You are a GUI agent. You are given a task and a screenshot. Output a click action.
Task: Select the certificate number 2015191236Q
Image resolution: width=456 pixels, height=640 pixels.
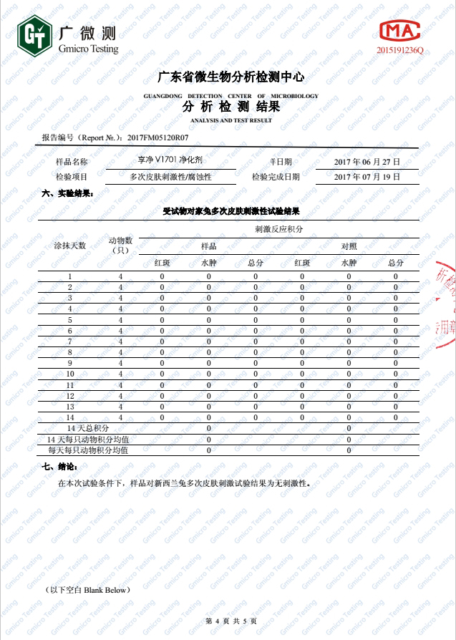pos(401,51)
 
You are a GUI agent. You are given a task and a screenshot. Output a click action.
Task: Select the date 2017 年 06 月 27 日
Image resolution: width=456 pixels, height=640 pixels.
pos(367,162)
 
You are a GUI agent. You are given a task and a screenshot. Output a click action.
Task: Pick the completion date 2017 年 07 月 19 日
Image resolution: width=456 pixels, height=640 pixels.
pos(367,176)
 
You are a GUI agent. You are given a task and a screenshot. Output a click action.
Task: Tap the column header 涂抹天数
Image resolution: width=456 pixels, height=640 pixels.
pos(69,246)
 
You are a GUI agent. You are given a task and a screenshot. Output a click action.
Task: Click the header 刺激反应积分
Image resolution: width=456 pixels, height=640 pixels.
pos(278,229)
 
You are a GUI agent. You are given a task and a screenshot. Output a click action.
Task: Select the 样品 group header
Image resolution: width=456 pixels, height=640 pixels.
pos(208,246)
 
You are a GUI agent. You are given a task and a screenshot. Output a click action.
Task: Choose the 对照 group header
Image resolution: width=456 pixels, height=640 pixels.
pos(349,246)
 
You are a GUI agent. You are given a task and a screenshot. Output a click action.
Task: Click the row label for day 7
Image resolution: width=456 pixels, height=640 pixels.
pos(70,341)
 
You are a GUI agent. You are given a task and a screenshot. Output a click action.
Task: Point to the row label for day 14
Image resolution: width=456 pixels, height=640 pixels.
pos(70,417)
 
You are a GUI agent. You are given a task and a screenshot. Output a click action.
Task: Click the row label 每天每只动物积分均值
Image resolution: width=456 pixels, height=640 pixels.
pos(88,451)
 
